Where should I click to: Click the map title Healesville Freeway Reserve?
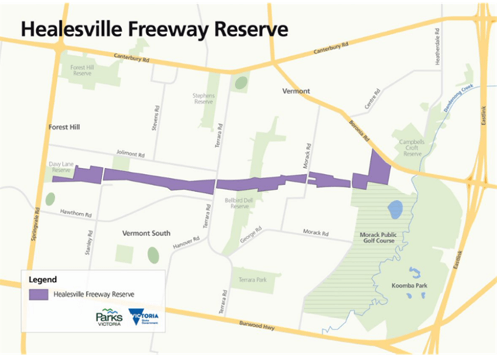pyautogui.click(x=154, y=29)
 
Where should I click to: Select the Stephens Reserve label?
pyautogui.click(x=204, y=99)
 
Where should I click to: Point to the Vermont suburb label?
pyautogui.click(x=296, y=91)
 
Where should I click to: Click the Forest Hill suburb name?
pyautogui.click(x=64, y=127)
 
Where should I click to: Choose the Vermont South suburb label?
pyautogui.click(x=146, y=233)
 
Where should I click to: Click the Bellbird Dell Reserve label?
pyautogui.click(x=237, y=204)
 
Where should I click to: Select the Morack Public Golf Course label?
pyautogui.click(x=377, y=237)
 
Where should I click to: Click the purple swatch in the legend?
pyautogui.click(x=38, y=295)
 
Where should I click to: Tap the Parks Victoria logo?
pyautogui.click(x=109, y=318)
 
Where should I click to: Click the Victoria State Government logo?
pyautogui.click(x=144, y=317)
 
